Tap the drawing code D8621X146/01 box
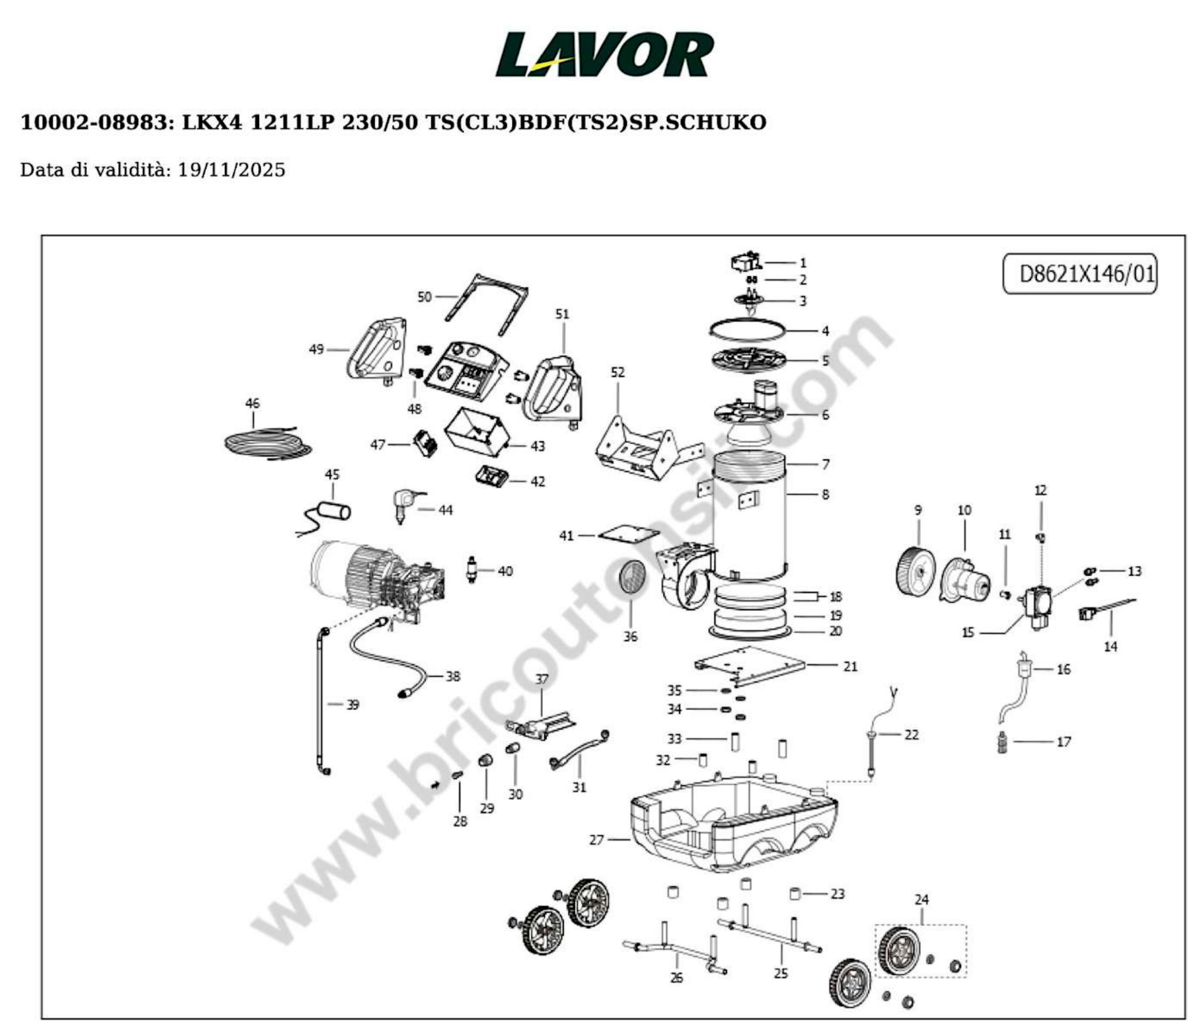tap(1080, 274)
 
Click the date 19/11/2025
tap(231, 170)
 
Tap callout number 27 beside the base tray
tap(596, 839)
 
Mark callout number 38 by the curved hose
tap(453, 676)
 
